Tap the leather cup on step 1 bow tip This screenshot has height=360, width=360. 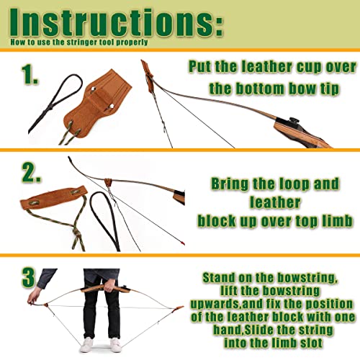point(150,76)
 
